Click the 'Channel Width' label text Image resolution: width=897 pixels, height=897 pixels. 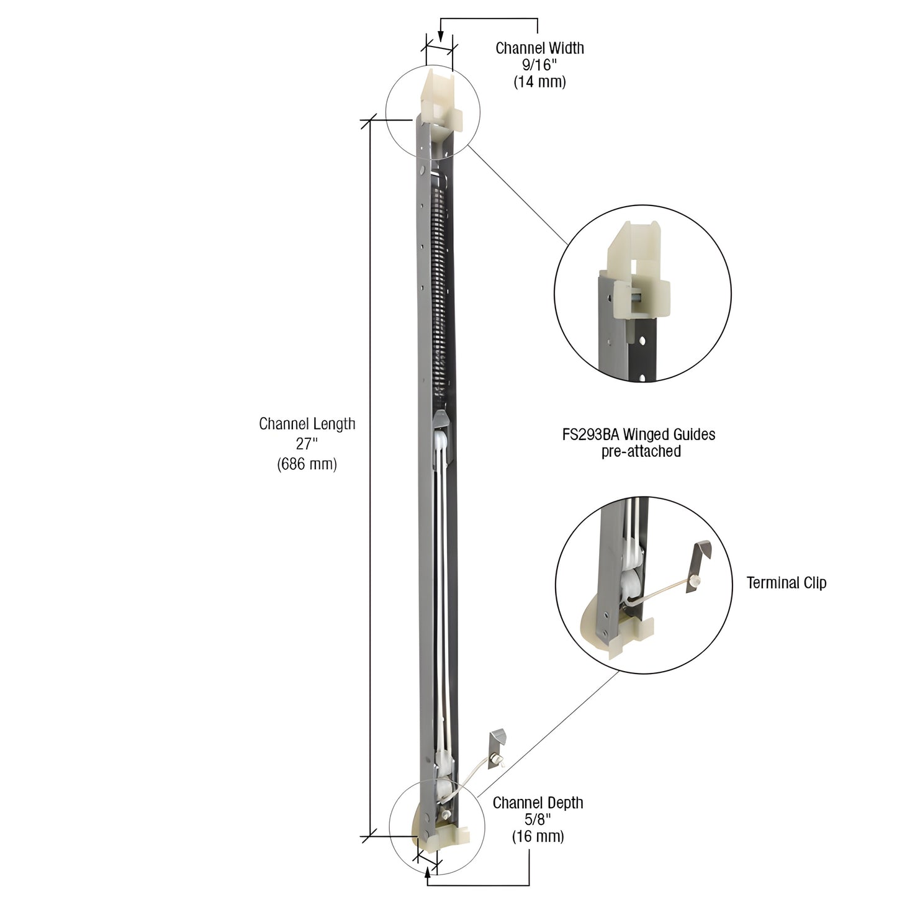tap(539, 48)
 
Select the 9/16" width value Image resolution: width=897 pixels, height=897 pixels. tap(539, 65)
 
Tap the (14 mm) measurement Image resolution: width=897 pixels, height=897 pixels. tap(539, 81)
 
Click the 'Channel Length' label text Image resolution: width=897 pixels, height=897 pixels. tap(307, 424)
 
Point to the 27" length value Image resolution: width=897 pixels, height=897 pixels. tap(307, 443)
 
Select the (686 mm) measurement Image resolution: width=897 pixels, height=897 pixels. tap(307, 463)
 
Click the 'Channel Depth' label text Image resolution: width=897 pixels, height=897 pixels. tap(538, 803)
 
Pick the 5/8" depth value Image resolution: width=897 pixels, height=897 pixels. tap(538, 819)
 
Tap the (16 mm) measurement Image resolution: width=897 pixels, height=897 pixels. tap(538, 836)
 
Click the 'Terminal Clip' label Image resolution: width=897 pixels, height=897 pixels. tap(786, 583)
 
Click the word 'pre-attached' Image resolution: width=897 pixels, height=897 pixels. tap(641, 451)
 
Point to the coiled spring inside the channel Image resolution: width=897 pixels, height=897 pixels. tap(440, 292)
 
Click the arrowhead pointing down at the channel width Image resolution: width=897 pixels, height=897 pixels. tap(440, 38)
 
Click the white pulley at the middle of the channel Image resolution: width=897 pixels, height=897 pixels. tap(441, 444)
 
